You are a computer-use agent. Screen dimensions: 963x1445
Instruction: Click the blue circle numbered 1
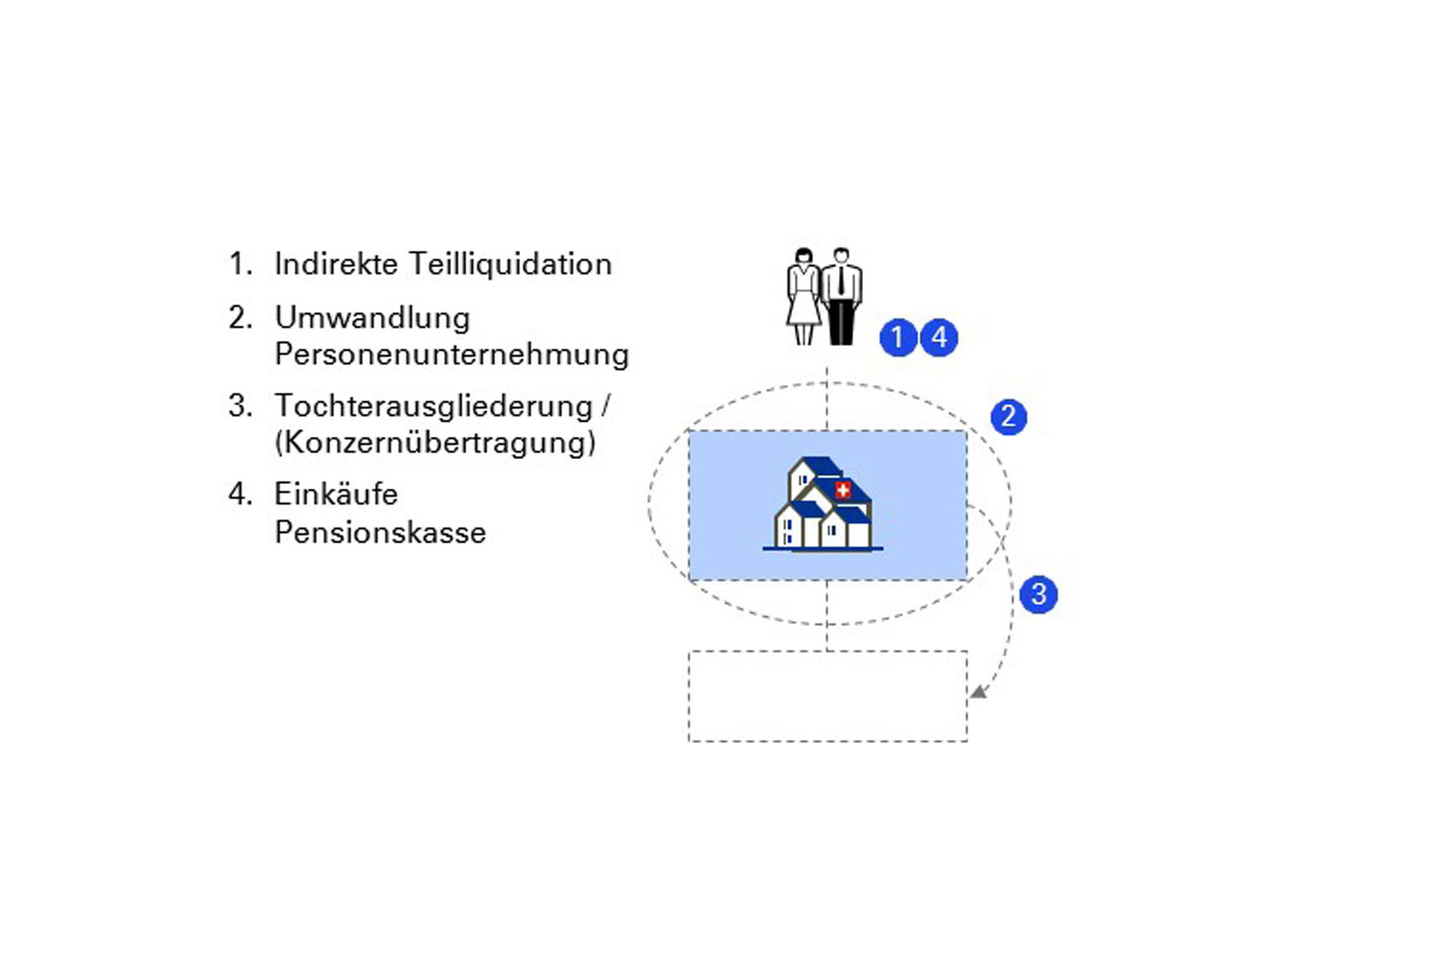[898, 337]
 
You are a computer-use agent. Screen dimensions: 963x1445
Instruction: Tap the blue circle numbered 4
[938, 337]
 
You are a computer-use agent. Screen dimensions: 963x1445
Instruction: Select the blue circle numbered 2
[1008, 416]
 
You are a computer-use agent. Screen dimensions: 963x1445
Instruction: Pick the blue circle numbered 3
[1038, 595]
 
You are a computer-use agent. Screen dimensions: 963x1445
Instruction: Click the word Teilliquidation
[510, 264]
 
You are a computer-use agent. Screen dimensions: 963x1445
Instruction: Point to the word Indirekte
[336, 264]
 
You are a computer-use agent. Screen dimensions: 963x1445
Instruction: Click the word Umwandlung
[372, 318]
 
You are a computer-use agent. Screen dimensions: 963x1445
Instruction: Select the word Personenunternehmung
[451, 354]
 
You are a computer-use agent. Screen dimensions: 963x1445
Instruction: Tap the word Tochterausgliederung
[433, 406]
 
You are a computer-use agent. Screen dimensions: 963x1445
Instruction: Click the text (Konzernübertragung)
[435, 442]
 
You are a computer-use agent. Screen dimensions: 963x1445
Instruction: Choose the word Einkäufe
[336, 494]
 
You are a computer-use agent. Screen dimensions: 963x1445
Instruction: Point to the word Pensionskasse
[380, 532]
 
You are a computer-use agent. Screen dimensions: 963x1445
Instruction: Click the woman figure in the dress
[803, 296]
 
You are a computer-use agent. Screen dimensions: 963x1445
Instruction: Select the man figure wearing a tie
[841, 296]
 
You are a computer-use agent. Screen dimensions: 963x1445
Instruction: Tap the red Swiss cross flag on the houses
[843, 490]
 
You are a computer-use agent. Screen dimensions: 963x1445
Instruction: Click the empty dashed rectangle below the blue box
[828, 696]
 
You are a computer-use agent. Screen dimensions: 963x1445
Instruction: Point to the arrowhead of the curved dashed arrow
[978, 692]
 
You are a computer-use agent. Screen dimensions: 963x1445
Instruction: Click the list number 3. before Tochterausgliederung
[240, 406]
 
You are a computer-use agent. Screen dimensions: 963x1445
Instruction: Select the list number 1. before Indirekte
[240, 264]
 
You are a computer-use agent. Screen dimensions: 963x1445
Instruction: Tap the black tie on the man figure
[841, 281]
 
